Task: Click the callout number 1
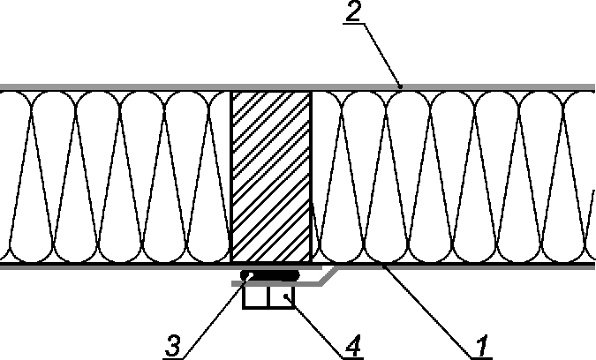(482, 345)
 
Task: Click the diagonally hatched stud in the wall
(271, 176)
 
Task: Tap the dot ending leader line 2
(400, 86)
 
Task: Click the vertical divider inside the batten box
(268, 296)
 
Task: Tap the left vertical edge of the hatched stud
(230, 176)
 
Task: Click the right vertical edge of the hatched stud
(312, 176)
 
